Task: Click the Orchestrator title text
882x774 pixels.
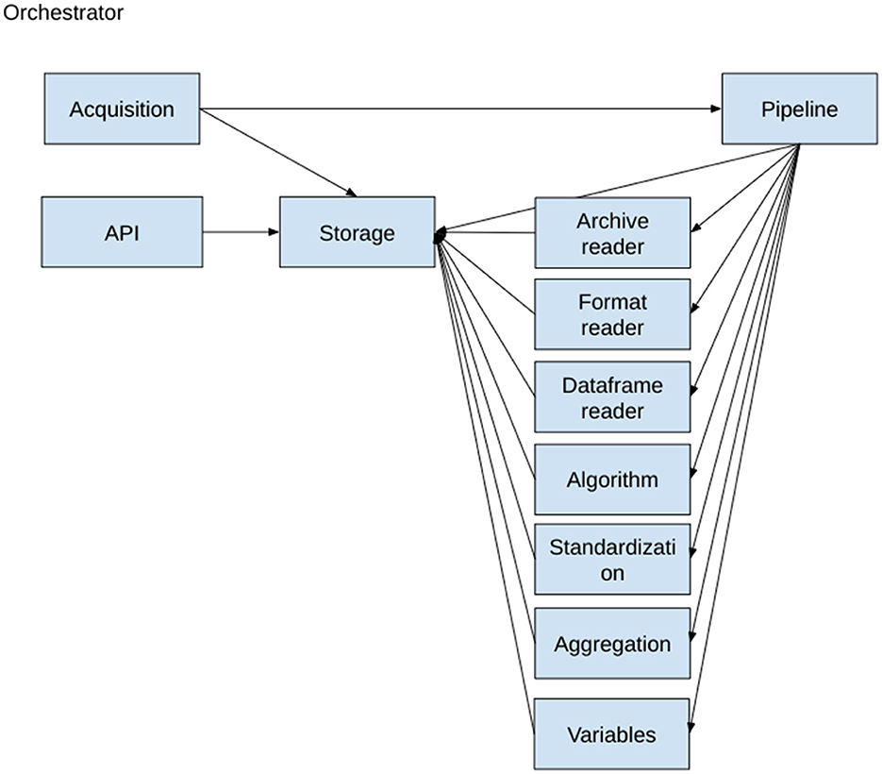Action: [63, 12]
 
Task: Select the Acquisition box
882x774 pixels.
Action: [122, 109]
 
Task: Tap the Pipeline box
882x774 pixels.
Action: [799, 109]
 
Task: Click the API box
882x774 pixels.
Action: [122, 232]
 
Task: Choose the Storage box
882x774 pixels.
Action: [358, 232]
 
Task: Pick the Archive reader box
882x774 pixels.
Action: [612, 232]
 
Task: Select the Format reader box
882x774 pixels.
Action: [612, 314]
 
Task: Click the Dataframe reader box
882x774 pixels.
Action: [612, 396]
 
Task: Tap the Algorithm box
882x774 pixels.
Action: [612, 480]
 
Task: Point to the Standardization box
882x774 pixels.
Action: [612, 559]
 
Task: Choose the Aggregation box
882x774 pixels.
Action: [612, 643]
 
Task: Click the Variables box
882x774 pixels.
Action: [611, 734]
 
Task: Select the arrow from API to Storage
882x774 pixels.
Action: [241, 232]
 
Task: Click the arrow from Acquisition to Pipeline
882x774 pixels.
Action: [460, 109]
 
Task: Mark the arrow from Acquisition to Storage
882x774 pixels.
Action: [278, 153]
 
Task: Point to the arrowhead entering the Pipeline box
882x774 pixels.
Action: [716, 109]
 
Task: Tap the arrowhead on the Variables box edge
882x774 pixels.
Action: [691, 728]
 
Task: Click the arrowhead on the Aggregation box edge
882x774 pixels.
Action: [691, 636]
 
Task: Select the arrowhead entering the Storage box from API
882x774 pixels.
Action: [274, 232]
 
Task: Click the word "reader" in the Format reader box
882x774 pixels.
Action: [612, 328]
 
